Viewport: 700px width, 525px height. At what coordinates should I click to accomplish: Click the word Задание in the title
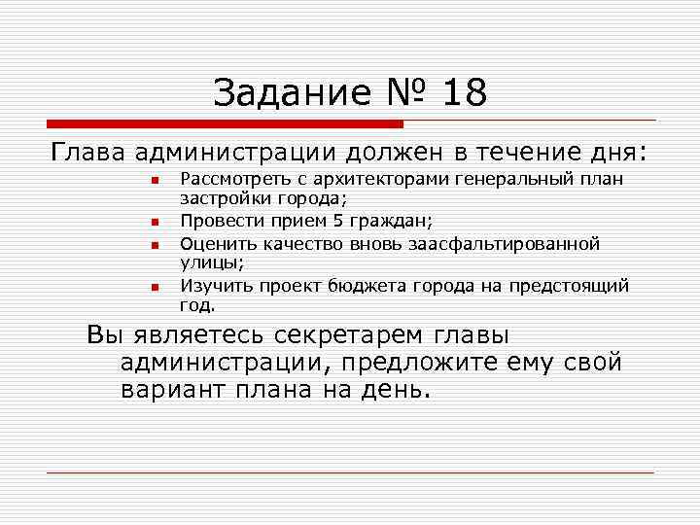click(x=292, y=93)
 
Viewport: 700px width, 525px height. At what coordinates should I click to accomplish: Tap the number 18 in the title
click(x=464, y=93)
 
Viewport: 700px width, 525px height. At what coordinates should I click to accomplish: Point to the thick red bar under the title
click(x=225, y=124)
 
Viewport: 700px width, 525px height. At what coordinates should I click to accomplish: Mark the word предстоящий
click(x=573, y=286)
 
